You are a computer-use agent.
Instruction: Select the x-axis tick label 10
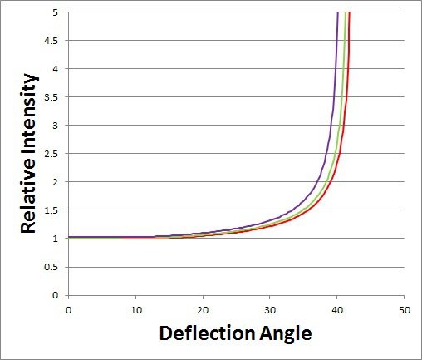click(x=135, y=308)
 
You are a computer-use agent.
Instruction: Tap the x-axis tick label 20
click(x=203, y=308)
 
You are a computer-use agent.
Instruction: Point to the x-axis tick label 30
click(x=270, y=308)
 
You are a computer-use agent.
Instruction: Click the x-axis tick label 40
click(x=337, y=308)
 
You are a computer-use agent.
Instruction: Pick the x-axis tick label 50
click(x=404, y=308)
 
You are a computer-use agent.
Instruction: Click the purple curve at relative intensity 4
click(x=335, y=69)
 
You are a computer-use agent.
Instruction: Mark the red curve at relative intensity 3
click(x=346, y=126)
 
